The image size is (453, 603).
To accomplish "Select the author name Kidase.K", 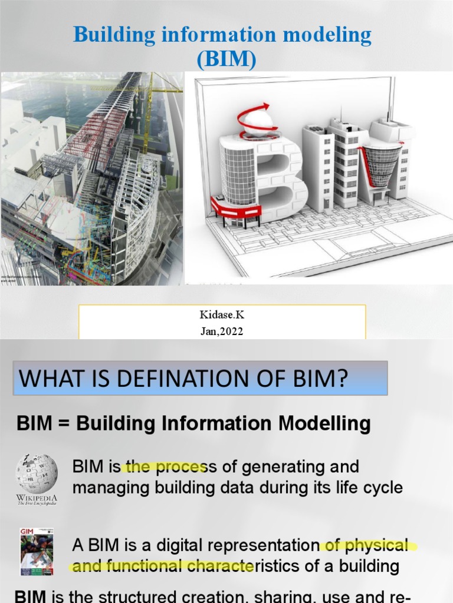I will [222, 315].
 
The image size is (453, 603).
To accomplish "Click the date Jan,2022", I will [222, 332].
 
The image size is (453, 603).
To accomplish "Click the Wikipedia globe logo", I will [36, 473].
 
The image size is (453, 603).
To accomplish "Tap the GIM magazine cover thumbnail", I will [37, 551].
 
